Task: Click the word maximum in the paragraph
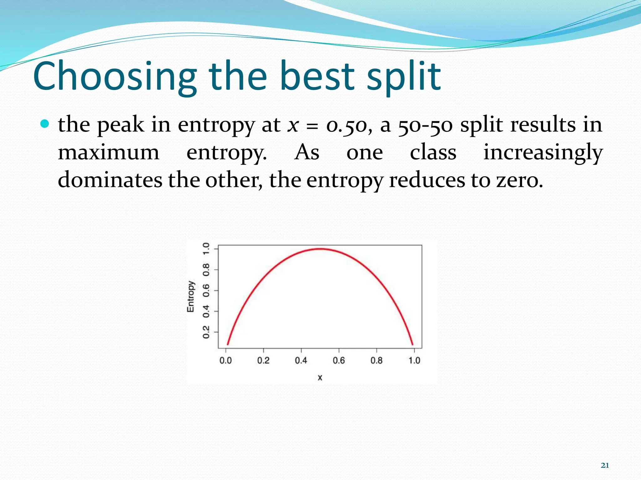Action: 109,152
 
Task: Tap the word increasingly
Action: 543,152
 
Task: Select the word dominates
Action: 110,180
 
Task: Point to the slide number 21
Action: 605,465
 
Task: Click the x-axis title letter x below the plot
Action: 320,377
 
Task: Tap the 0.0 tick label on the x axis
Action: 226,361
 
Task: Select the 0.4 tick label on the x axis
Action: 301,361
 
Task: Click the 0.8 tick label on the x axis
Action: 377,361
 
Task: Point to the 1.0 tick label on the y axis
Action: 206,249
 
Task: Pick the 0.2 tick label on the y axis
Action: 206,332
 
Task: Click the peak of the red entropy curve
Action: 320,249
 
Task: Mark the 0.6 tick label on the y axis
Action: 206,290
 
